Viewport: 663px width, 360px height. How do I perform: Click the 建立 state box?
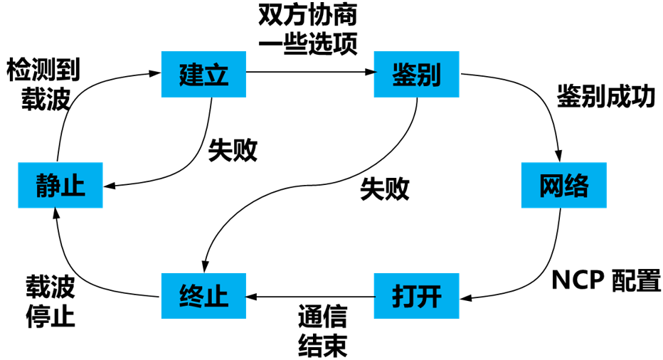point(203,74)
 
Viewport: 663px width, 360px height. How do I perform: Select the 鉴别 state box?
point(416,74)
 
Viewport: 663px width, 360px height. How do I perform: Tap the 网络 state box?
point(564,186)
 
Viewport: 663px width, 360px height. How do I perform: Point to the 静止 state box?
point(60,186)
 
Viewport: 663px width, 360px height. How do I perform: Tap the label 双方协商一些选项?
point(307,28)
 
